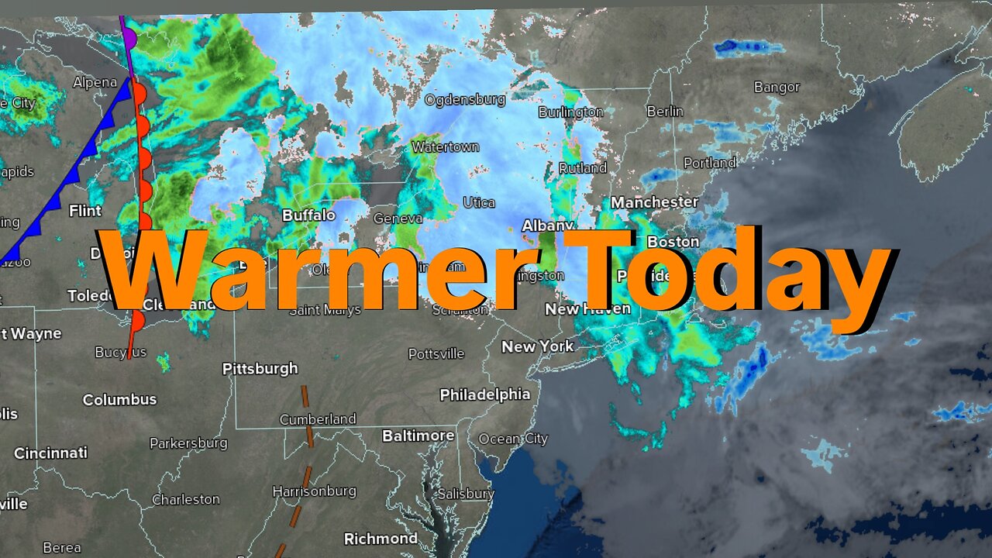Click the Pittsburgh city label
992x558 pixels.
260,369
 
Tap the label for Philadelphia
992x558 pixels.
485,394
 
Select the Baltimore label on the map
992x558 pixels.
418,436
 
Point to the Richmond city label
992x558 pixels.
381,539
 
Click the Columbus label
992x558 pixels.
119,400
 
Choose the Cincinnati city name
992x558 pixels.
50,453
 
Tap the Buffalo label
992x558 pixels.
308,215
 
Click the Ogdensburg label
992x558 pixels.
464,99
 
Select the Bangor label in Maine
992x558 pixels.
777,88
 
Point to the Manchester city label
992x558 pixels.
654,202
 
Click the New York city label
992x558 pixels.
537,346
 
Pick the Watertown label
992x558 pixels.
445,146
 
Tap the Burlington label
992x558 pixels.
570,112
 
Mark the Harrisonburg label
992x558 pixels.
314,491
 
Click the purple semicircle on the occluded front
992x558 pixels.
129,36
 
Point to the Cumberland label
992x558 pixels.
318,419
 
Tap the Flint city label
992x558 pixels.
85,211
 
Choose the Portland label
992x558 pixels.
709,163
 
